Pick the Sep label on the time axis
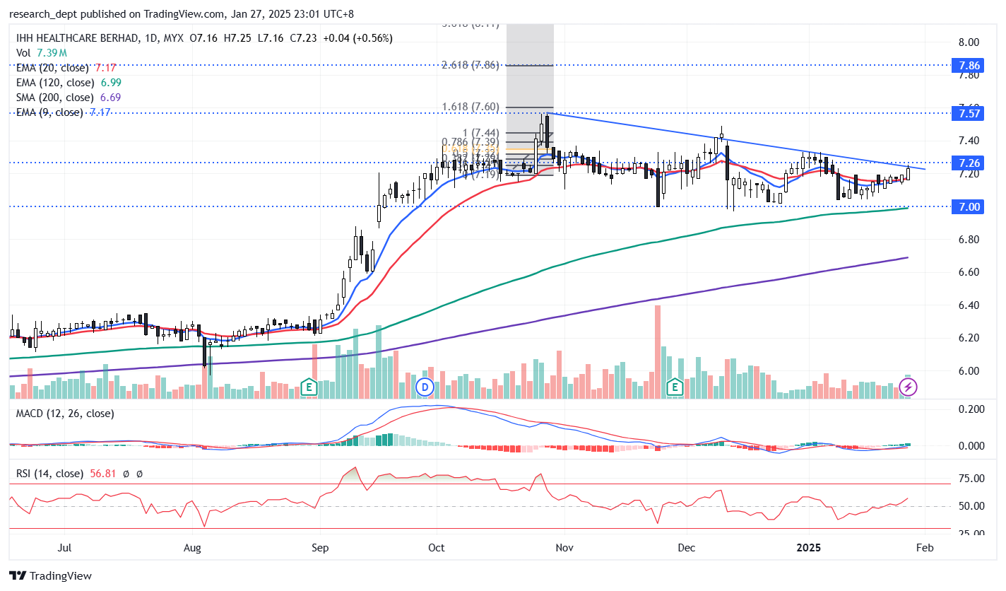(320, 548)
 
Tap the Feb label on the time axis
(925, 548)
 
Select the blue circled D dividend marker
(425, 387)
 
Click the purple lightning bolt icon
(909, 387)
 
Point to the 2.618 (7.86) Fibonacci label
(471, 65)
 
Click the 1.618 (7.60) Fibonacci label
(471, 107)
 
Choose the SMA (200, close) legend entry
(54, 98)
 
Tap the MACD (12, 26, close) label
(64, 414)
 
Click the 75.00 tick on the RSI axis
(965, 479)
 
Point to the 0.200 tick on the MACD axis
(965, 409)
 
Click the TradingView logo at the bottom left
(50, 576)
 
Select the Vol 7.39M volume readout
(42, 53)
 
